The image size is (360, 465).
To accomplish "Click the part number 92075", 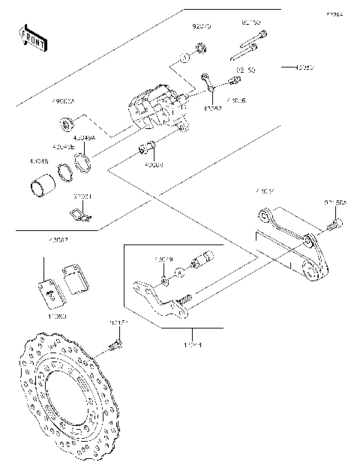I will (201, 25).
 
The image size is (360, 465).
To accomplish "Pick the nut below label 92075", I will (201, 49).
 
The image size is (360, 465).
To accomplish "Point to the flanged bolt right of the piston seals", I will (148, 148).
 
